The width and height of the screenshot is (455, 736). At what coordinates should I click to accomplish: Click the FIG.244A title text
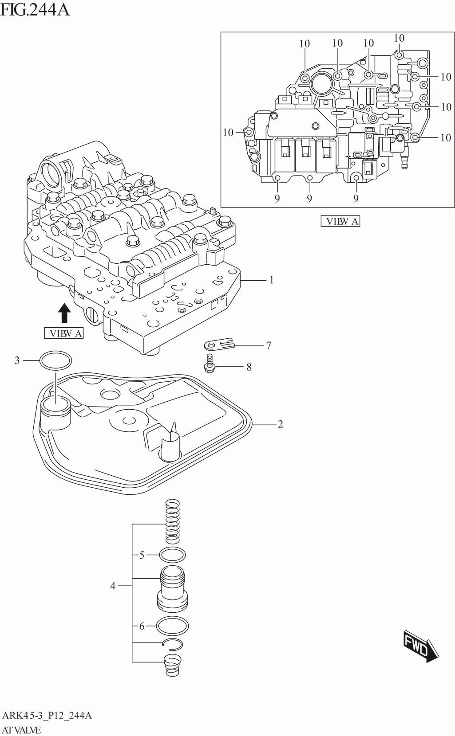point(35,9)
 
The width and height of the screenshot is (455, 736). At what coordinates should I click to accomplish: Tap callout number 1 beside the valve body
point(271,280)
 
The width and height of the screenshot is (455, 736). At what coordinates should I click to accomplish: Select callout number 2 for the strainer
point(280,424)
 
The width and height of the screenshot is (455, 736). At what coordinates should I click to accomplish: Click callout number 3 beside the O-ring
point(17,360)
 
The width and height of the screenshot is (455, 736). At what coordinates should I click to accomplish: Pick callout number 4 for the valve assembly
point(113,586)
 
